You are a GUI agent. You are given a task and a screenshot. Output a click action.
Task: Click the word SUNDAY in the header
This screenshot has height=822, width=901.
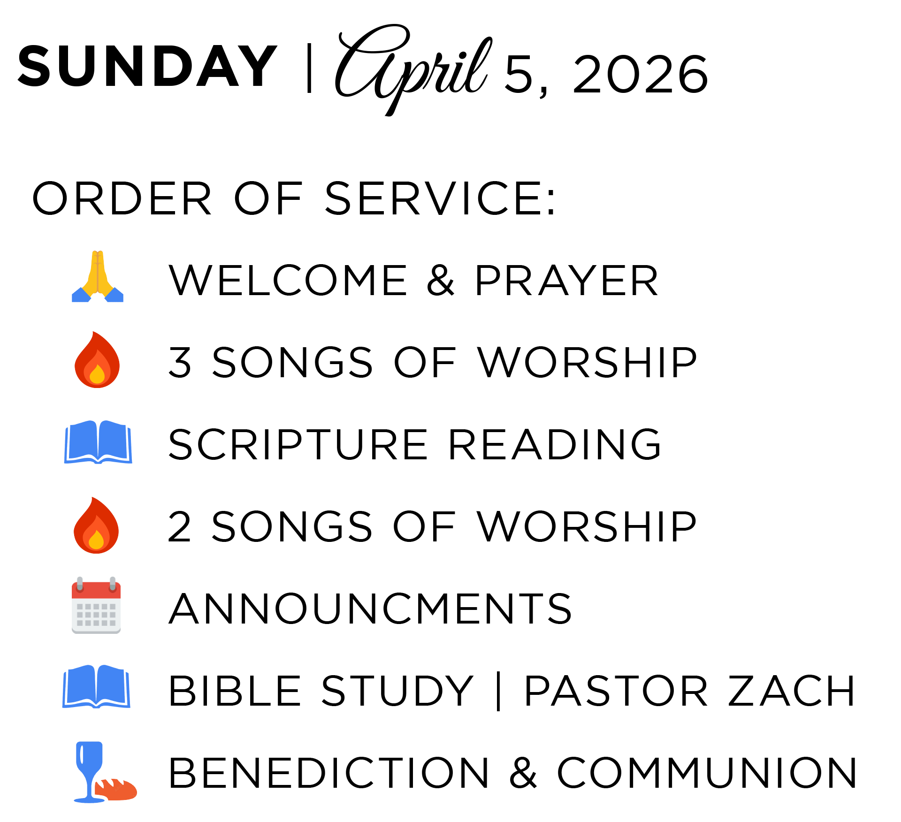pyautogui.click(x=147, y=67)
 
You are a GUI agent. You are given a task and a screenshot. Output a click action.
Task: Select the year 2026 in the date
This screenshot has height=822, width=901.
pyautogui.click(x=640, y=74)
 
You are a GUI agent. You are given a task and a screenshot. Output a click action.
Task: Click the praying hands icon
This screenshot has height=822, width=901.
pyautogui.click(x=98, y=277)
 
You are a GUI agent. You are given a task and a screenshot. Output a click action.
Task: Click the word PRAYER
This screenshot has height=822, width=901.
pyautogui.click(x=566, y=281)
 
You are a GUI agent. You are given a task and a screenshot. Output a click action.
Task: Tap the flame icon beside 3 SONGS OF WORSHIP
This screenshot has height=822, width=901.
pyautogui.click(x=97, y=360)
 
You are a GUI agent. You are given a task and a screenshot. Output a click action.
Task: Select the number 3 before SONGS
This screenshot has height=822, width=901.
pyautogui.click(x=180, y=362)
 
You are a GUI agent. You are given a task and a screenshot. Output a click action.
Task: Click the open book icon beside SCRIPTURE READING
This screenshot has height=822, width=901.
pyautogui.click(x=98, y=442)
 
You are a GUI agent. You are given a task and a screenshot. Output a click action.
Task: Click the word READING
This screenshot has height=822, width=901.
pyautogui.click(x=555, y=444)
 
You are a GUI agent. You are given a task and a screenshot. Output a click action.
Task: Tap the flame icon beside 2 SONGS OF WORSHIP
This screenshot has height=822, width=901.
pyautogui.click(x=96, y=525)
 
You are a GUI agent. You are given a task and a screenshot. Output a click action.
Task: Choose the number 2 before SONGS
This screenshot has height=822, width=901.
pyautogui.click(x=179, y=527)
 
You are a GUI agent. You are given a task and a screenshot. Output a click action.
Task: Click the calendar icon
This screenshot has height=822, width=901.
pyautogui.click(x=96, y=606)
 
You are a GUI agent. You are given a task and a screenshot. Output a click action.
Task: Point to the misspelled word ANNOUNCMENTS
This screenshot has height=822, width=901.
pyautogui.click(x=370, y=609)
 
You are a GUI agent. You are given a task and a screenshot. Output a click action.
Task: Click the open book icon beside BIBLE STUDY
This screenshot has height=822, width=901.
pyautogui.click(x=96, y=686)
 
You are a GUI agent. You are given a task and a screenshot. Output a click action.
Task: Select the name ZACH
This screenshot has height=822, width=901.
pyautogui.click(x=792, y=691)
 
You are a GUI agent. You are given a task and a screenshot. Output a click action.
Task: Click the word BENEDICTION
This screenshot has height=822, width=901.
pyautogui.click(x=329, y=773)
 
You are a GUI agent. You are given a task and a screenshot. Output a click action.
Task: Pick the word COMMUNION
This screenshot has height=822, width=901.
pyautogui.click(x=707, y=773)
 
